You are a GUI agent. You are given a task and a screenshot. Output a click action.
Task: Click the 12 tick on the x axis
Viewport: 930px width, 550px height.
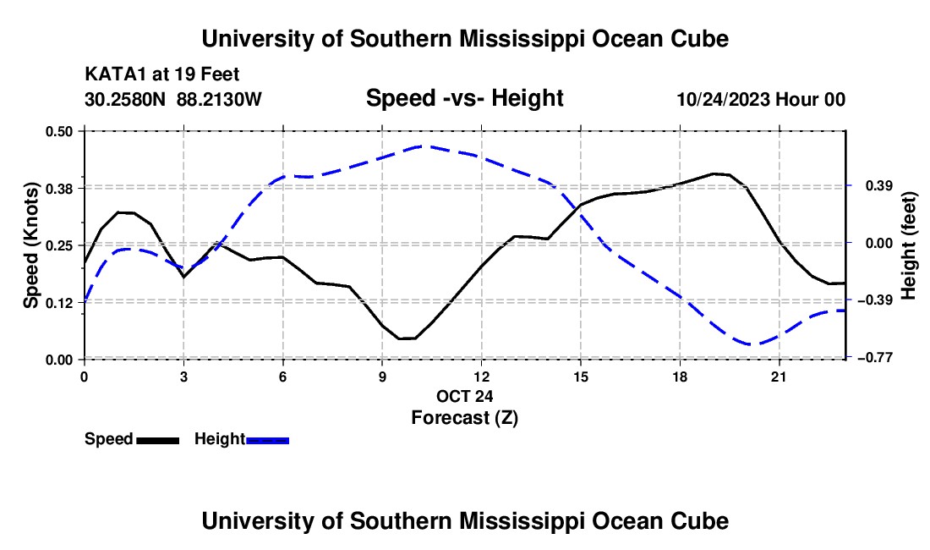482,377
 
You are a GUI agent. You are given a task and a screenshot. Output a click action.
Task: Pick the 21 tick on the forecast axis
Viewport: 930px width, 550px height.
779,377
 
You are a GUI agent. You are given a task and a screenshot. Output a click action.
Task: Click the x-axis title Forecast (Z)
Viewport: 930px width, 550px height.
464,418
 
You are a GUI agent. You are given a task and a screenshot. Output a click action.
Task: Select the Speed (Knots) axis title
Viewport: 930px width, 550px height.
30,245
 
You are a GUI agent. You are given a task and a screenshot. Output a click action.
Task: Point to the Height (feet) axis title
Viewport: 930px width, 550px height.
908,245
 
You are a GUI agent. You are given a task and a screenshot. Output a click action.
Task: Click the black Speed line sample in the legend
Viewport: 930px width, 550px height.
158,440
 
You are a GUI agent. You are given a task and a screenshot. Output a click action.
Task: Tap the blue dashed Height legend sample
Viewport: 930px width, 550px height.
267,440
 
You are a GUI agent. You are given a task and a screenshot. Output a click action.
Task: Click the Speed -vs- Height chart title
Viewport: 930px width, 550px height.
464,98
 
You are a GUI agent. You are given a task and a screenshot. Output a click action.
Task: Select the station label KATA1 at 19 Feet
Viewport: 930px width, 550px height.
162,74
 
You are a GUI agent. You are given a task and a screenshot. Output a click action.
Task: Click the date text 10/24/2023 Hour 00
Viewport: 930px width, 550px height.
761,99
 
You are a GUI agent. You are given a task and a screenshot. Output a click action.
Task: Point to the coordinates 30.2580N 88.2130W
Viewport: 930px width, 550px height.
172,99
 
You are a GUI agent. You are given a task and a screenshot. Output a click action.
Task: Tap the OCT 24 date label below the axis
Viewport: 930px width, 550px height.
464,396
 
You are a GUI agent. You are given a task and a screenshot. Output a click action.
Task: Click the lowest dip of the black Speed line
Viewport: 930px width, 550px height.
407,338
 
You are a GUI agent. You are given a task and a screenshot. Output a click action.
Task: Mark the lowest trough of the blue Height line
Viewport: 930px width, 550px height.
751,344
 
